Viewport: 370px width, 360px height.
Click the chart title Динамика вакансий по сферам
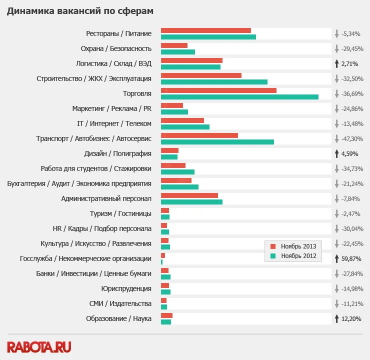click(x=80, y=10)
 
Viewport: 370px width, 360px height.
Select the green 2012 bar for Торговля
click(x=239, y=97)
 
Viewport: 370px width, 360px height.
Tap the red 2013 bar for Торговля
click(x=218, y=90)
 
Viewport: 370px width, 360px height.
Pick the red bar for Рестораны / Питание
click(x=206, y=30)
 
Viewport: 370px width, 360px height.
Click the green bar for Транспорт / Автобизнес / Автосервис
click(x=217, y=142)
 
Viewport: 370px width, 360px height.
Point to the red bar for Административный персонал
click(x=189, y=195)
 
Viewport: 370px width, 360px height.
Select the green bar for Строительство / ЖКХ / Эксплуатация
click(x=214, y=82)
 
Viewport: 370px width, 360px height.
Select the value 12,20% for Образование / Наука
click(x=351, y=318)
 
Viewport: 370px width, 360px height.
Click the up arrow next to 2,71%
click(x=337, y=63)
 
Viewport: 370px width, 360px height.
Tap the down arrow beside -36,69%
click(x=337, y=93)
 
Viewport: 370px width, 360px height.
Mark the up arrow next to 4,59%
click(x=337, y=153)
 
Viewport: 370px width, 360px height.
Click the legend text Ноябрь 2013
click(x=298, y=246)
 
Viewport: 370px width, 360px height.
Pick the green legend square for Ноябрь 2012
click(x=273, y=255)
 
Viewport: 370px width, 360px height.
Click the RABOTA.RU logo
click(x=39, y=346)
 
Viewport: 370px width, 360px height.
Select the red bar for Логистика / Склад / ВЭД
click(x=191, y=60)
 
